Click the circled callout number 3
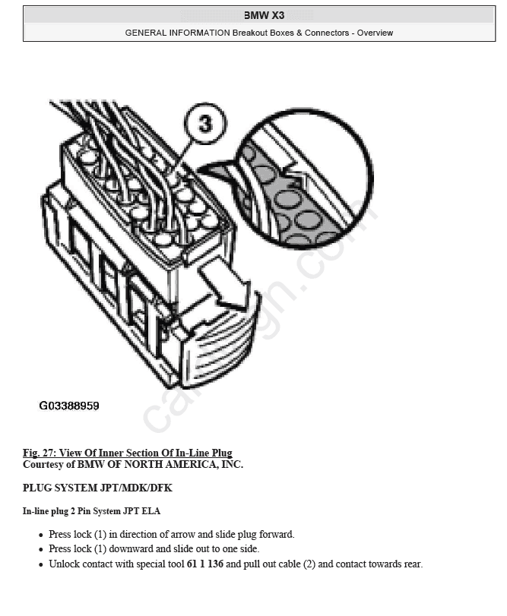click(205, 123)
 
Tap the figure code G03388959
click(69, 406)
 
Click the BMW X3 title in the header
click(264, 15)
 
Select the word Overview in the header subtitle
click(375, 33)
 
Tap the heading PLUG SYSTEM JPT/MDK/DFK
click(97, 488)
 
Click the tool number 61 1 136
click(204, 564)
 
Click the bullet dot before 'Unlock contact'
click(41, 565)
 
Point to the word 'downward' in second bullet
click(131, 549)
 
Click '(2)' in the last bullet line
click(309, 564)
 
